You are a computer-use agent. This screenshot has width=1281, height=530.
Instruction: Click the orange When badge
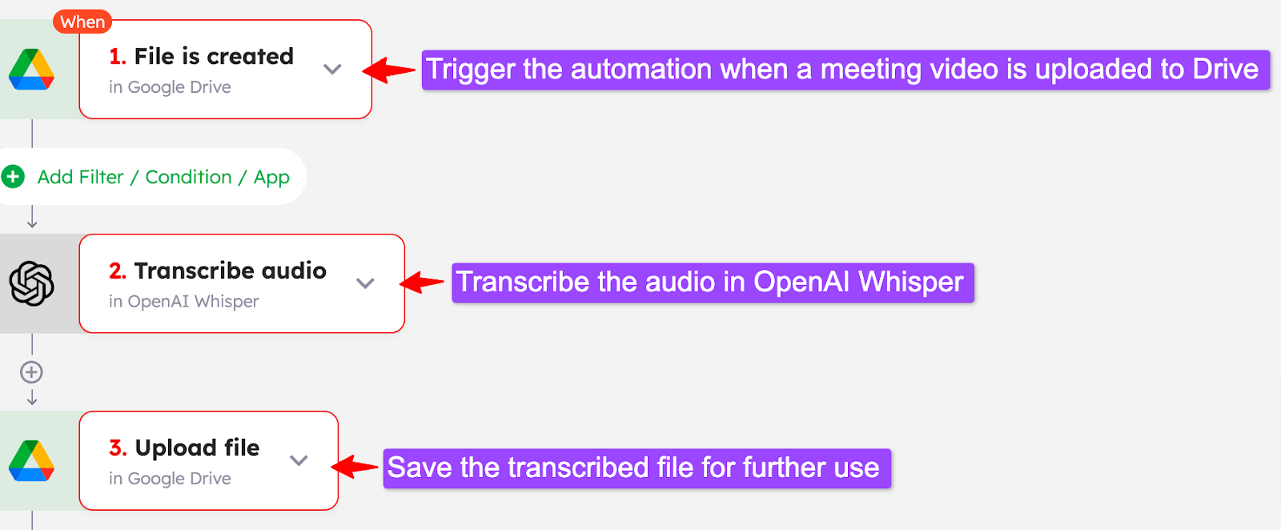(x=82, y=22)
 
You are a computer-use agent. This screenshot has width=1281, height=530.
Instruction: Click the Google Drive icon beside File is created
(x=31, y=70)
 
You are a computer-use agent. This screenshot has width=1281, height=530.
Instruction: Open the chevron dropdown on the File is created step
(x=332, y=69)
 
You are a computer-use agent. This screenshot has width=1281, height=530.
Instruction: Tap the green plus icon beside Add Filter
(x=13, y=176)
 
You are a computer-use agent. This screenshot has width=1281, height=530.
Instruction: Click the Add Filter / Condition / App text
(x=163, y=177)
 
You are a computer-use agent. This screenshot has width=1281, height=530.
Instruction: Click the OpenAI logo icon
(x=31, y=283)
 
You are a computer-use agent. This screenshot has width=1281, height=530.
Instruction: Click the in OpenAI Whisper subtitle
(x=184, y=302)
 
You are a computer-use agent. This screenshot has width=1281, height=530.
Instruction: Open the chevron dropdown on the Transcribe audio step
(x=365, y=283)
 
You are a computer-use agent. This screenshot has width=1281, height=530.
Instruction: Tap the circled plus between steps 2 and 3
(x=31, y=372)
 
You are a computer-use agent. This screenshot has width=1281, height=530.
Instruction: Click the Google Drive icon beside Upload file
(x=31, y=461)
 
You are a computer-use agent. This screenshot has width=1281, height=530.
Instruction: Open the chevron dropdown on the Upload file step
(x=299, y=460)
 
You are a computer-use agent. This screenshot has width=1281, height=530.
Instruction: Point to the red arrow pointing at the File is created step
(x=390, y=70)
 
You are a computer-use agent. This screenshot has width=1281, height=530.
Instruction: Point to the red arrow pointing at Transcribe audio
(x=422, y=282)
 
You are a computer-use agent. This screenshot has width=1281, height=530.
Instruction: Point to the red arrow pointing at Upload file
(x=355, y=467)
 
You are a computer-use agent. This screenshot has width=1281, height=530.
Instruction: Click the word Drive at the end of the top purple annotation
(x=1225, y=69)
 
